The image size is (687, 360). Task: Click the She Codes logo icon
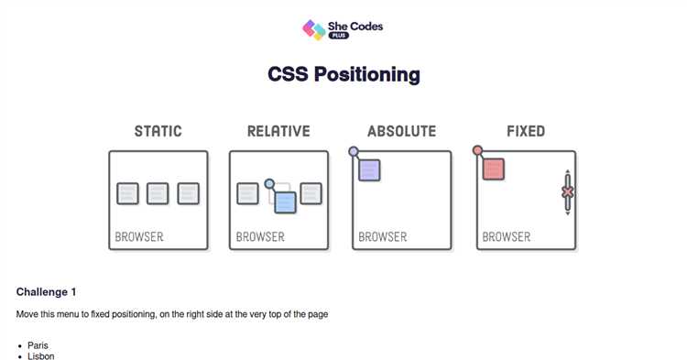tap(314, 29)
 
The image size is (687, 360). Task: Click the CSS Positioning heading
tap(343, 74)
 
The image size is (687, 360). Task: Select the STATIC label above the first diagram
tap(158, 131)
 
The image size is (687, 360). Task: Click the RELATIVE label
tap(278, 131)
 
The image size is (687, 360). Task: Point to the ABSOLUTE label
tap(401, 131)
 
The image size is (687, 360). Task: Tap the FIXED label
tap(526, 131)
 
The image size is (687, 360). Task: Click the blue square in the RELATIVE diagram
tap(285, 202)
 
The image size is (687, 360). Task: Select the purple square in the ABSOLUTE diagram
tap(369, 169)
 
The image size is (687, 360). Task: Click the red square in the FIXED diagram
tap(494, 169)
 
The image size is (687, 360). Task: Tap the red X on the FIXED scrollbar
tap(568, 192)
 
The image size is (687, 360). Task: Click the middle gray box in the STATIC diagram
tap(158, 193)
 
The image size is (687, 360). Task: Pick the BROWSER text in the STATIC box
tap(139, 236)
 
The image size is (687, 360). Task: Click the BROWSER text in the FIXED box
tap(507, 236)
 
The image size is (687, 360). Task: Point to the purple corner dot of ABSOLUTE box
tap(354, 152)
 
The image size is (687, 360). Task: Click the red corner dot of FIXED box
tap(477, 151)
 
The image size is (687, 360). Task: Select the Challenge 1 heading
tap(46, 292)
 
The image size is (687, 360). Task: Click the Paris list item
tap(38, 345)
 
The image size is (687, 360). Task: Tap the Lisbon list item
tap(40, 355)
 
